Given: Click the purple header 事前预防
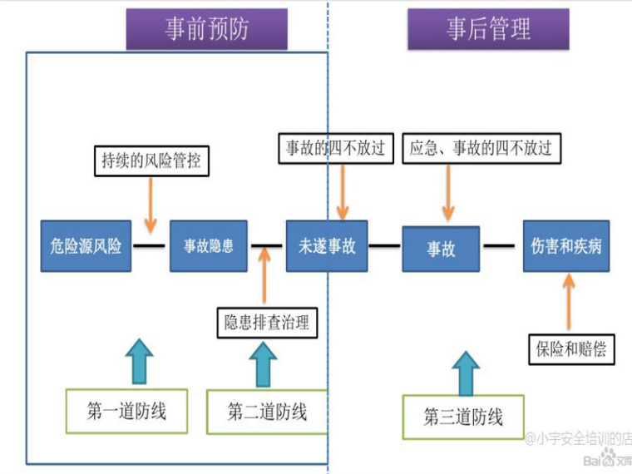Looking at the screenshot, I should click(x=206, y=30).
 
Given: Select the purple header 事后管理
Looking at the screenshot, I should click(x=488, y=30).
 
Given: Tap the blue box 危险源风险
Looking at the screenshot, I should click(x=86, y=246).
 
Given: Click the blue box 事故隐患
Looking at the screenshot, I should click(x=209, y=246).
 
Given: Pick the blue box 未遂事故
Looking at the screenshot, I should click(x=327, y=246).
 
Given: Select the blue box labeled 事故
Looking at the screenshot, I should click(x=442, y=248).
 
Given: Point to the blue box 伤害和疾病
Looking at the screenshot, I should click(x=566, y=246).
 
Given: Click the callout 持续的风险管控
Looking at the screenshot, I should click(x=151, y=160).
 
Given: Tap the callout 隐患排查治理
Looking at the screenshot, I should click(x=267, y=322).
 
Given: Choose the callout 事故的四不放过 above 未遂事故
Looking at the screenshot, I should click(x=336, y=149).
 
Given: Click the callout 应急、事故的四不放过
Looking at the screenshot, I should click(x=481, y=149).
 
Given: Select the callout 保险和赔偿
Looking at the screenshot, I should click(x=570, y=348).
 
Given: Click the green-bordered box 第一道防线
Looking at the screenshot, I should click(x=126, y=410).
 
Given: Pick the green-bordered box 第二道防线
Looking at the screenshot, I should click(x=267, y=411).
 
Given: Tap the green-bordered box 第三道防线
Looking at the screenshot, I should click(x=463, y=417).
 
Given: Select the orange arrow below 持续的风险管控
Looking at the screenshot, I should click(x=150, y=205).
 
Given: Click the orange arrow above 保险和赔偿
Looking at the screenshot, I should click(x=569, y=302).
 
